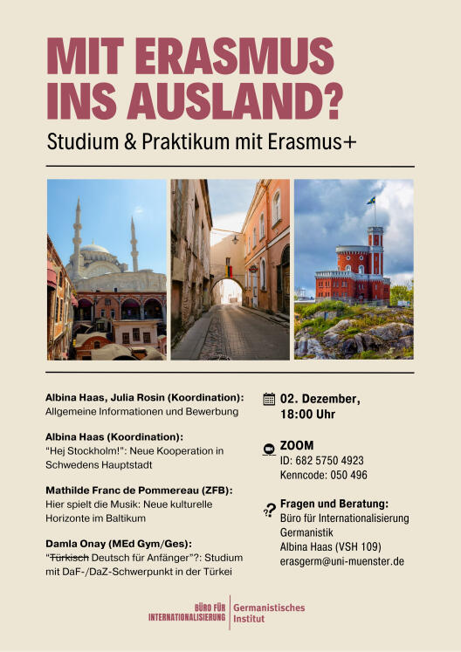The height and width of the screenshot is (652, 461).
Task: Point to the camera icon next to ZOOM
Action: tap(268, 449)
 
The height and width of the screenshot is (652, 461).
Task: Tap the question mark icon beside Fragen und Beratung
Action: tap(268, 510)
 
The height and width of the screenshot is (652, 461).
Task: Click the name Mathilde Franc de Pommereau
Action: tap(118, 491)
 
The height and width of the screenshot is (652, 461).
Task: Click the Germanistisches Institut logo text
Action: tap(270, 613)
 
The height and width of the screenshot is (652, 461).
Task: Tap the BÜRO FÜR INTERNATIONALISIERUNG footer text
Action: tap(188, 613)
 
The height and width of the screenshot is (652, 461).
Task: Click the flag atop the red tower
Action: tap(371, 200)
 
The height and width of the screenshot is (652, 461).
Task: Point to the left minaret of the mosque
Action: tap(77, 236)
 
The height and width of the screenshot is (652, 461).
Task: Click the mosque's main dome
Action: tap(96, 250)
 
